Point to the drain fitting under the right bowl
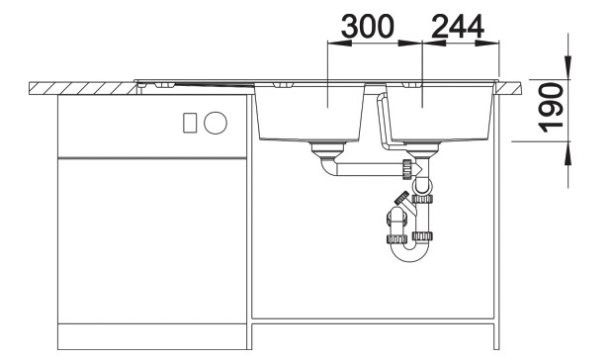[422, 150]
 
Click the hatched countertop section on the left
[79, 88]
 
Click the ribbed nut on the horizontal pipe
[405, 167]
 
